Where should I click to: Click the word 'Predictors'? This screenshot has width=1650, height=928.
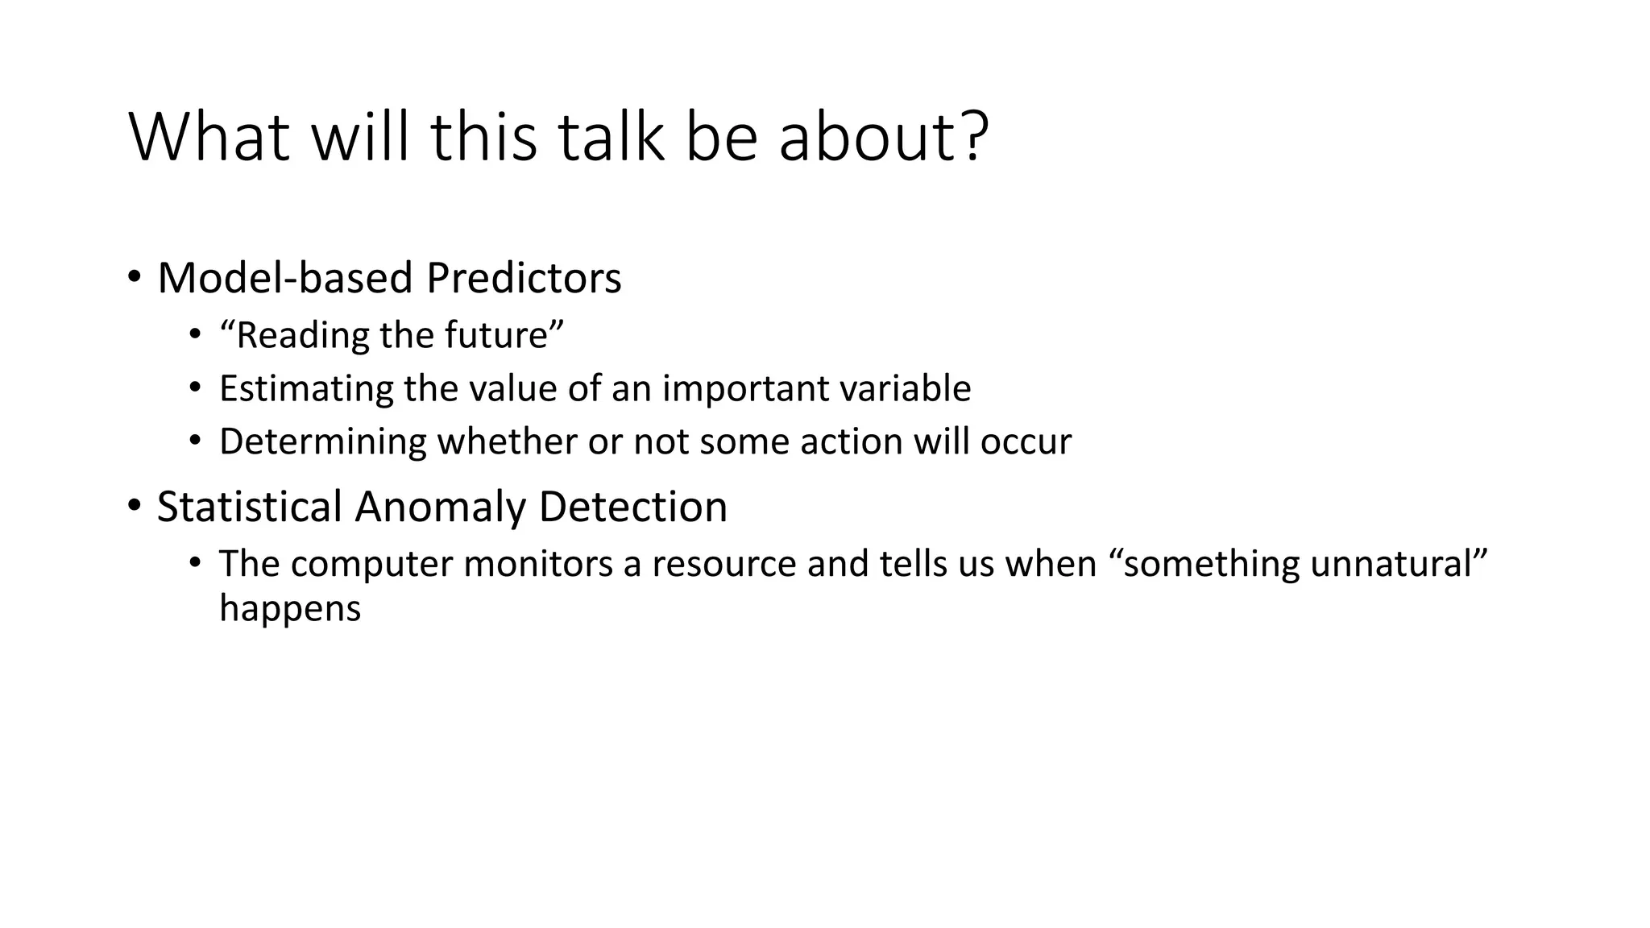(524, 278)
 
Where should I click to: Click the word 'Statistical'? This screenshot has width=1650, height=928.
(250, 507)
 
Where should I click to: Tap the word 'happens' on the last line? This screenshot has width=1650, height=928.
(290, 608)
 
